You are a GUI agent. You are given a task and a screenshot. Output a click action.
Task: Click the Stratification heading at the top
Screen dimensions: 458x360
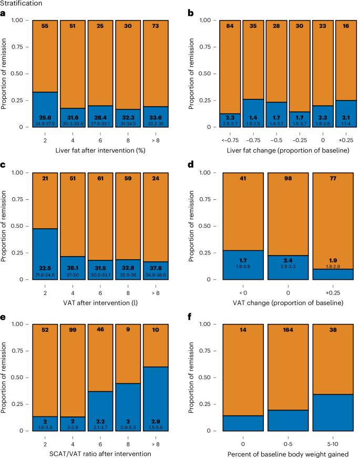pos(22,4)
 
